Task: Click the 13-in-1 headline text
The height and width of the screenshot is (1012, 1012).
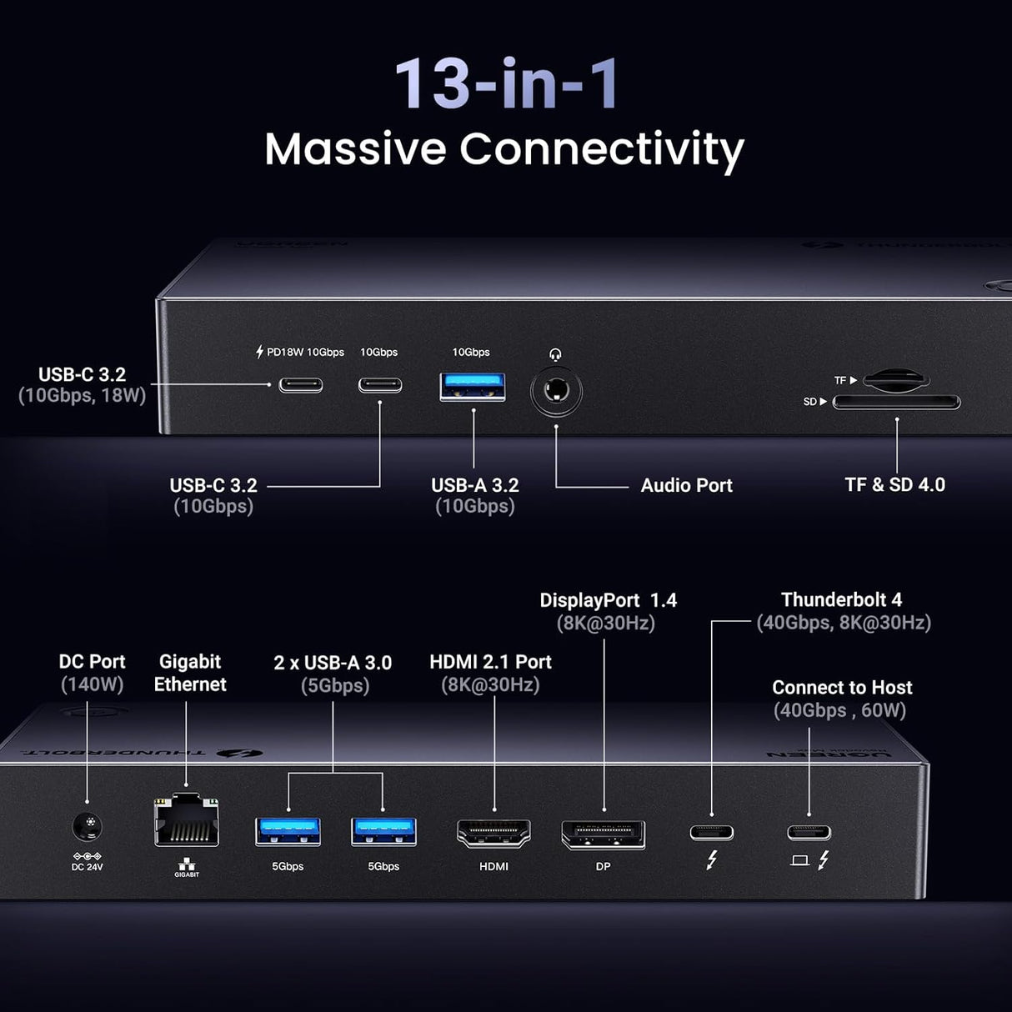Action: pyautogui.click(x=506, y=83)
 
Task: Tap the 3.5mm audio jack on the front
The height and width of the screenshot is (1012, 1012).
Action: pyautogui.click(x=556, y=391)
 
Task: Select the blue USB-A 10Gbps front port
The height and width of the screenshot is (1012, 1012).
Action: pyautogui.click(x=473, y=386)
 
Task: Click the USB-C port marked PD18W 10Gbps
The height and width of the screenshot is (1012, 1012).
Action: pyautogui.click(x=300, y=385)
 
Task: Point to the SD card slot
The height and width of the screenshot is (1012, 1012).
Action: pyautogui.click(x=896, y=403)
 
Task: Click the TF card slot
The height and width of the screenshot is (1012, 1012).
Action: pyautogui.click(x=895, y=380)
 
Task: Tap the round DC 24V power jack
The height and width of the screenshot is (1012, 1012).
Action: pyautogui.click(x=88, y=827)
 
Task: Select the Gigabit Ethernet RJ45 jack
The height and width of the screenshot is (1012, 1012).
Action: pyautogui.click(x=187, y=823)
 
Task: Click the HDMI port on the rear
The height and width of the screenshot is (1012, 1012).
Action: pyautogui.click(x=493, y=833)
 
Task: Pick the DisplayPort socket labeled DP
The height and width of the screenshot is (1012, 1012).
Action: pyautogui.click(x=603, y=834)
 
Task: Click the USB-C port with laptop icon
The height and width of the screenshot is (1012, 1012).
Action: pyautogui.click(x=809, y=832)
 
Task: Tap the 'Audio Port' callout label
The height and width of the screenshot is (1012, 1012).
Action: pyautogui.click(x=686, y=485)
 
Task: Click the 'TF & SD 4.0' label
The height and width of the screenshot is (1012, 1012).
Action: pyautogui.click(x=894, y=484)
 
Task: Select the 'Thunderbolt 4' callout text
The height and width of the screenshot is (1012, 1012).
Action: pyautogui.click(x=841, y=599)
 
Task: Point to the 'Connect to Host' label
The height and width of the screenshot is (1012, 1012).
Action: pyautogui.click(x=842, y=688)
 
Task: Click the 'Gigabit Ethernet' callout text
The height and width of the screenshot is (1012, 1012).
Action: pyautogui.click(x=190, y=673)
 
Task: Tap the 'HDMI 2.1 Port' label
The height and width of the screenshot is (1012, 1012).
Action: pyautogui.click(x=490, y=662)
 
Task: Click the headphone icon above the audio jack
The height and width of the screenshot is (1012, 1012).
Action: pyautogui.click(x=556, y=354)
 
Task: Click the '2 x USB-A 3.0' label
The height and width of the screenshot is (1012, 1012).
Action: pyautogui.click(x=333, y=663)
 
